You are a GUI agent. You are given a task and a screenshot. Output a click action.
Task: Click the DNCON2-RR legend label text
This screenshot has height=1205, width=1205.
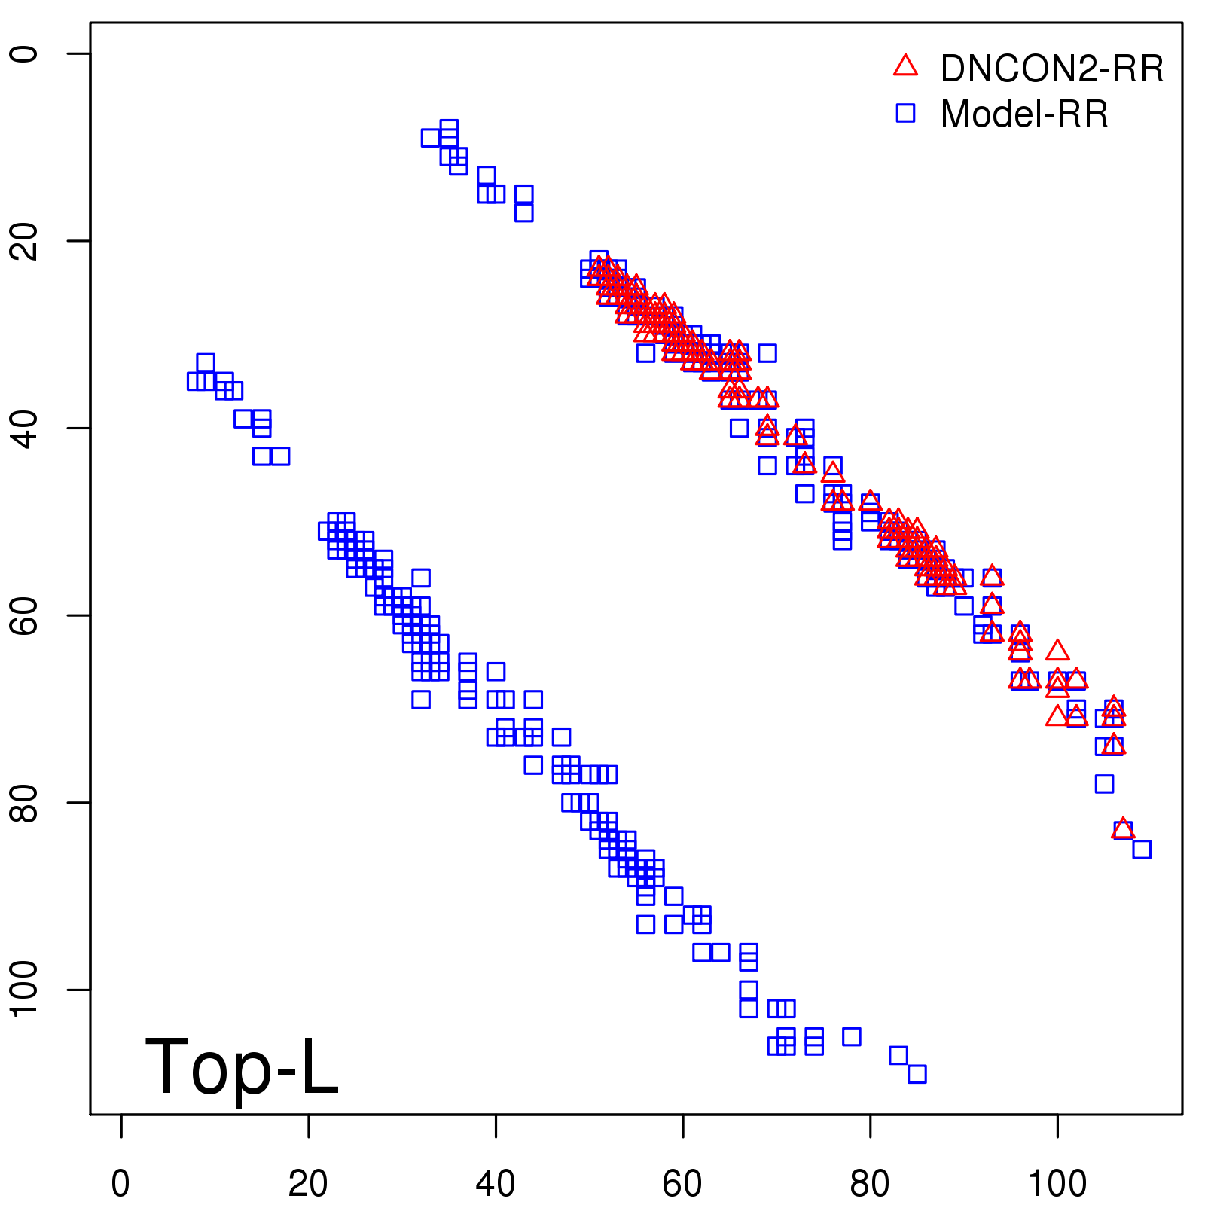pos(1051,69)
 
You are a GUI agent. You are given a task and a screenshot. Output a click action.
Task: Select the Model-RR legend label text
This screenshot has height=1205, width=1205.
pos(1024,114)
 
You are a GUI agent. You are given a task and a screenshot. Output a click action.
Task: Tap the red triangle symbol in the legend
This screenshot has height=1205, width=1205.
pos(905,66)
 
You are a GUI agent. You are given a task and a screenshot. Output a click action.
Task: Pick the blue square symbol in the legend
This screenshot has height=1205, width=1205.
pos(905,113)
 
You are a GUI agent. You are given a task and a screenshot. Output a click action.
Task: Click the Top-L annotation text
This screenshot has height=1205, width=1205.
pos(241,1066)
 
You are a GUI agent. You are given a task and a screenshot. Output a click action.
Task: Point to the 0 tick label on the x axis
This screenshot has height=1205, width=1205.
pos(120,1184)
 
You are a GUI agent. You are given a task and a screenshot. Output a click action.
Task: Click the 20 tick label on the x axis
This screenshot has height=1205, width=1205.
pos(308,1184)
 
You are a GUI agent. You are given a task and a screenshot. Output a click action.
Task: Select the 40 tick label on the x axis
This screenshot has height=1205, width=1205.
pos(496,1184)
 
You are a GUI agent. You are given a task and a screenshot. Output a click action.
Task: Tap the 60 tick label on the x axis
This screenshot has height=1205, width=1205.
pos(682,1184)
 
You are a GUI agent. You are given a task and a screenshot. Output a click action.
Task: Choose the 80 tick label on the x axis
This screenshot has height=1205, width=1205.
pos(870,1184)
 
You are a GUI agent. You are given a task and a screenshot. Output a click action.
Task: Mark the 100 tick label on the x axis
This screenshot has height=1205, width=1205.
pos(1057,1184)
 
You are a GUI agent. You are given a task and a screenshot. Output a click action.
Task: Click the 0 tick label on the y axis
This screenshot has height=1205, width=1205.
pos(26,53)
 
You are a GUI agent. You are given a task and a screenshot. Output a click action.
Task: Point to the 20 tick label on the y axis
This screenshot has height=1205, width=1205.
pos(26,241)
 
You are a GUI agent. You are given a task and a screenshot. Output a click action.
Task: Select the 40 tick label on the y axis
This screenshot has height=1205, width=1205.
pos(26,428)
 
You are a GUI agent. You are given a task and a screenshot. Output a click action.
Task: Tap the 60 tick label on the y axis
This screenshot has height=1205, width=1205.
pos(26,615)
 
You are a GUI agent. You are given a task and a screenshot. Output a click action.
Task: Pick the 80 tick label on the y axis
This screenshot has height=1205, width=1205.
pos(26,802)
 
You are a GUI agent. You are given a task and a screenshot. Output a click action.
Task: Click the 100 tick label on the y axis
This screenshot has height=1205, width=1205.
pos(26,990)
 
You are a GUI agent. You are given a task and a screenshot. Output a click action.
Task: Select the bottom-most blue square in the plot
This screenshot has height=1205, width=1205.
pos(917,1074)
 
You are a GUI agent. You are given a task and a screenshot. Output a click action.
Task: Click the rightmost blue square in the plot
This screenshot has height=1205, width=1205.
pos(1142,850)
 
